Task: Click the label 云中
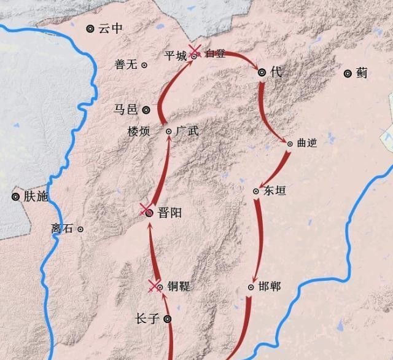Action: [111, 28]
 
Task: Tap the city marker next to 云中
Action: [91, 28]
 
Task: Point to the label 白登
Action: [216, 53]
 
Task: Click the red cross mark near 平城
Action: [194, 50]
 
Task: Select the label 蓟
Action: [362, 73]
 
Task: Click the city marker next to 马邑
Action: [146, 110]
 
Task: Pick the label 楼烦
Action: [138, 131]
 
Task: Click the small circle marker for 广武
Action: [169, 131]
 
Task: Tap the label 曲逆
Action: [306, 143]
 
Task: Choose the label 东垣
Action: [274, 190]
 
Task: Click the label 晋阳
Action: [169, 213]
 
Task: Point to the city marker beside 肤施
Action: [15, 197]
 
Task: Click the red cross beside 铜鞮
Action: [154, 285]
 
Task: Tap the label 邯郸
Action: [270, 286]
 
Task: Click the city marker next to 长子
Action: [167, 319]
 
